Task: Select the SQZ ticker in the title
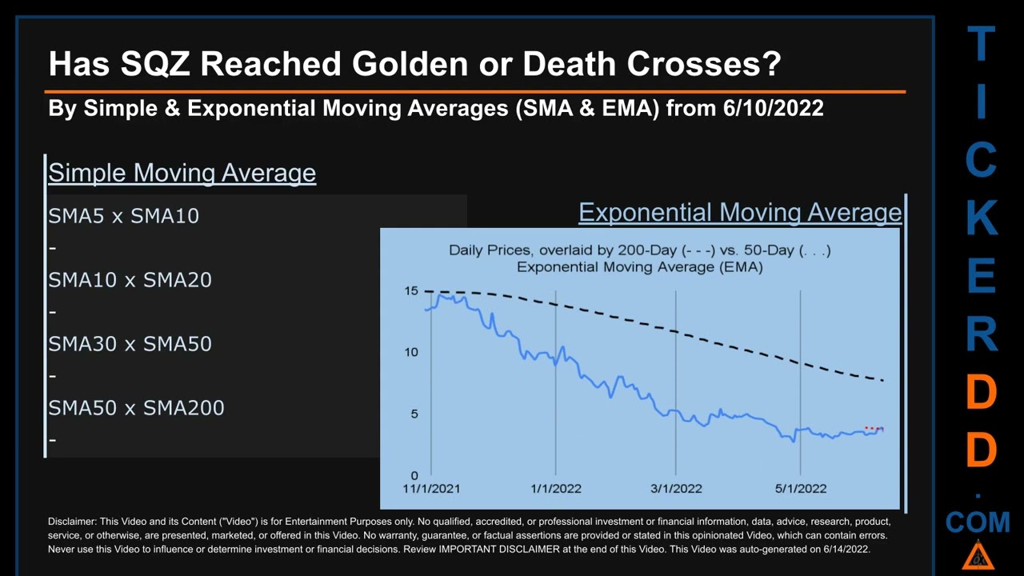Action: [155, 63]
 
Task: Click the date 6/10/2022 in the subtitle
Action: [773, 108]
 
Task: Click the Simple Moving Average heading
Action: [182, 173]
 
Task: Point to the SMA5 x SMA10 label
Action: [123, 216]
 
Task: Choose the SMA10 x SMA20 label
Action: [130, 280]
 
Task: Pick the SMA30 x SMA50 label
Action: [130, 344]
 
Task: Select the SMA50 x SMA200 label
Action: [136, 408]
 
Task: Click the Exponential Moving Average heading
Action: [740, 213]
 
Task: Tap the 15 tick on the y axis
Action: [411, 291]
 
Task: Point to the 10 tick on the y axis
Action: [411, 352]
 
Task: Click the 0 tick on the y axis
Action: [414, 475]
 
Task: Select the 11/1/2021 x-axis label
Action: [431, 489]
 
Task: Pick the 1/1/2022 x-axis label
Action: [555, 489]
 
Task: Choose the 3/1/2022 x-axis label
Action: [676, 489]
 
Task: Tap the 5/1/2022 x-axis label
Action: [801, 489]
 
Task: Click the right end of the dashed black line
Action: [882, 380]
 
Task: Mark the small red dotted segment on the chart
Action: [874, 429]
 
